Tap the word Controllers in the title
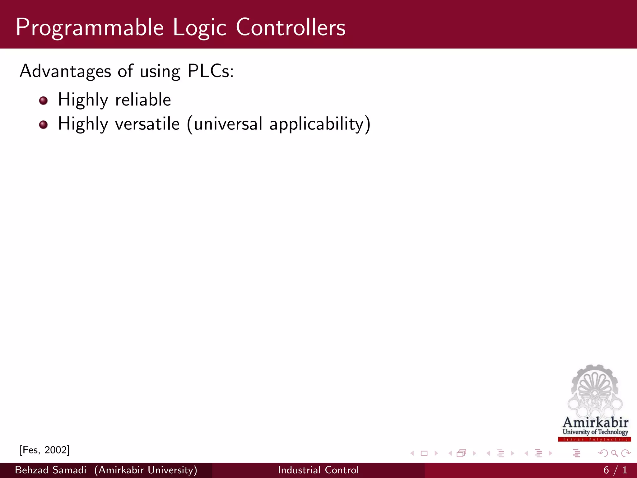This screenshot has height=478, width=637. click(x=291, y=27)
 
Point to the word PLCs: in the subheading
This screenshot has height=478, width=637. click(x=210, y=71)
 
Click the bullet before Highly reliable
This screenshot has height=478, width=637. click(x=44, y=101)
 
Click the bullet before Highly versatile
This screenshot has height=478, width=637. click(x=44, y=125)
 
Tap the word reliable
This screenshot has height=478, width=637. click(x=143, y=100)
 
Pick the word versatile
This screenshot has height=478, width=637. click(x=147, y=124)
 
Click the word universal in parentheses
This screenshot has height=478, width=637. click(x=228, y=124)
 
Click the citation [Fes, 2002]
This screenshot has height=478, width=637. click(x=44, y=450)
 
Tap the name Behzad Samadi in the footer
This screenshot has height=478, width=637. click(x=50, y=470)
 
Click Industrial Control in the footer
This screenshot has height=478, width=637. click(x=318, y=470)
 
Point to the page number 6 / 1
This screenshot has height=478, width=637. click(x=615, y=470)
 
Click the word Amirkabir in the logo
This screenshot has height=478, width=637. click(x=595, y=423)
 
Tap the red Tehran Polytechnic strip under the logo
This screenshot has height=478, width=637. click(x=594, y=439)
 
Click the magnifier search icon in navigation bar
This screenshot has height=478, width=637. click(x=614, y=453)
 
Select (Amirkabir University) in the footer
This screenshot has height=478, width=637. click(x=146, y=470)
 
